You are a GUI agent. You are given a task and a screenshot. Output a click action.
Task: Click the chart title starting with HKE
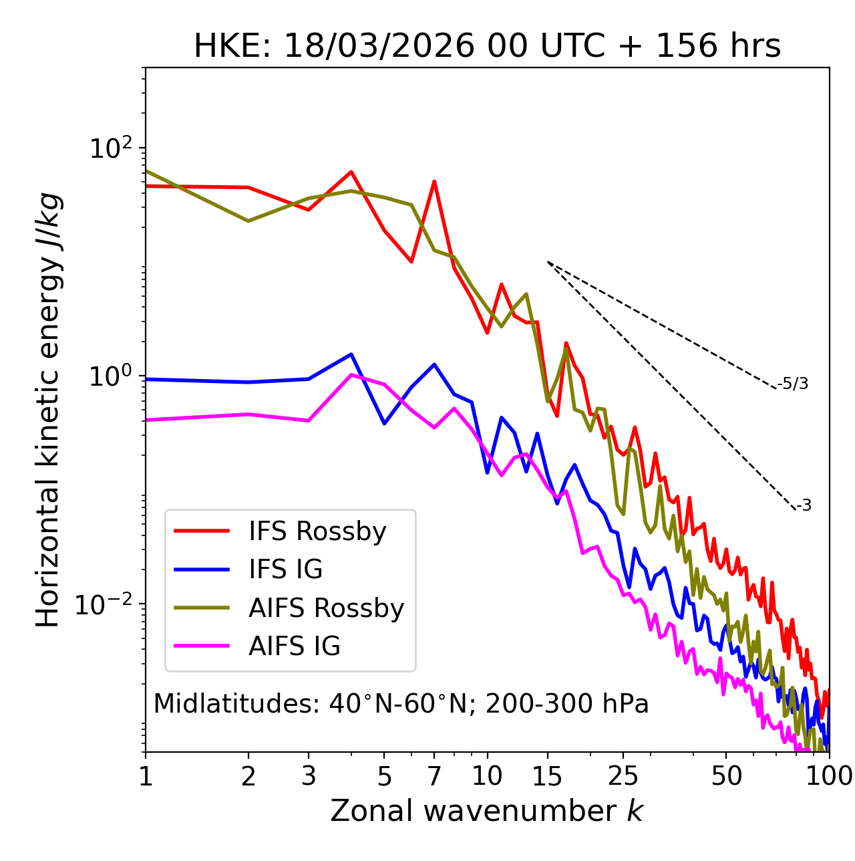[x=487, y=47]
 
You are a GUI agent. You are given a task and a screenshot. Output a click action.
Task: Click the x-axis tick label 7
[x=434, y=776]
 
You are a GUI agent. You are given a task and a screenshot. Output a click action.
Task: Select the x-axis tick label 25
[x=623, y=776]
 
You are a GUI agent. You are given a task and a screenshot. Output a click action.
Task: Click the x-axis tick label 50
[x=726, y=776]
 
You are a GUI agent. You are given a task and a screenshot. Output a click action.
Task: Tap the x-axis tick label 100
[x=828, y=776]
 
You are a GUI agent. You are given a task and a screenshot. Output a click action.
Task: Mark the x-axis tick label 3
[x=309, y=776]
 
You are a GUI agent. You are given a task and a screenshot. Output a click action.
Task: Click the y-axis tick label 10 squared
[x=111, y=148]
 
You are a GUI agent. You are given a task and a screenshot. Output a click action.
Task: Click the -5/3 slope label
[x=793, y=384]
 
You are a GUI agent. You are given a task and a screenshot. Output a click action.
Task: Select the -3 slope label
[x=804, y=506]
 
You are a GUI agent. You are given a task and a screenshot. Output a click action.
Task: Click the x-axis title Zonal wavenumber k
[x=487, y=811]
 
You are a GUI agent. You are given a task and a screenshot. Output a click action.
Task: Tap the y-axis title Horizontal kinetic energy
[x=48, y=410]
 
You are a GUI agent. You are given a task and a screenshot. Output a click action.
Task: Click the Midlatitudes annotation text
[x=401, y=704]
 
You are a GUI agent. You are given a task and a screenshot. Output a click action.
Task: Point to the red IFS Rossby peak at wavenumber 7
[x=434, y=181]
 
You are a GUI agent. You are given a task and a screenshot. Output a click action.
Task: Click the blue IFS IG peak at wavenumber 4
[x=351, y=354]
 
